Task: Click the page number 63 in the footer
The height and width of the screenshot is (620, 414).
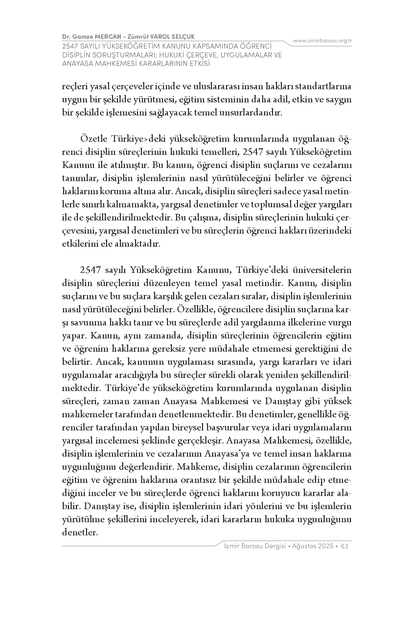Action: click(x=345, y=546)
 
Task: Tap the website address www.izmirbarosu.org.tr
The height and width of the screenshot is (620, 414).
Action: click(x=322, y=41)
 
